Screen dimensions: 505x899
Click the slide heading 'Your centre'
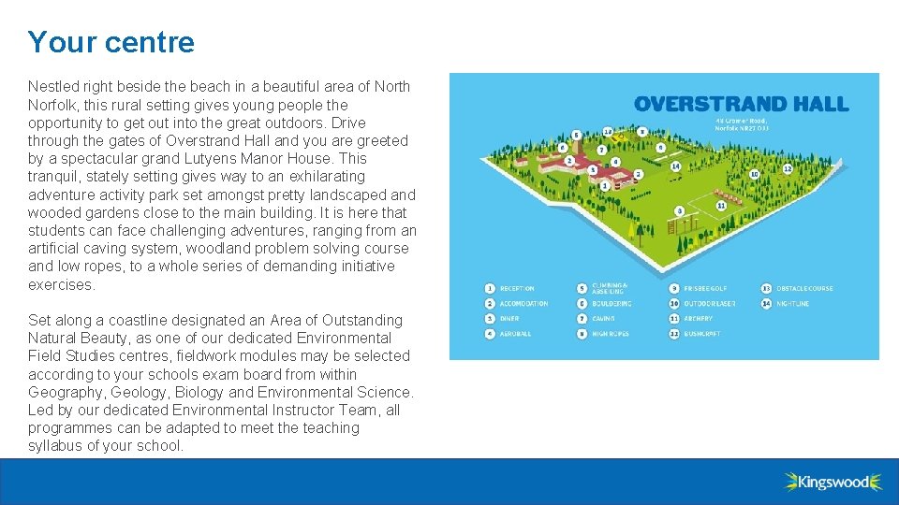point(111,42)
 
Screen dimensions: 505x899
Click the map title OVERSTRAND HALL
point(741,104)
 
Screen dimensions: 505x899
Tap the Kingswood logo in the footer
point(833,482)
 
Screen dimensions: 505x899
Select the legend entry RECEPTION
point(517,289)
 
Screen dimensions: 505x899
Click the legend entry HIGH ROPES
point(611,334)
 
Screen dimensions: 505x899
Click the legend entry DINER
point(509,319)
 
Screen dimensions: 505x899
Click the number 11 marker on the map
point(721,205)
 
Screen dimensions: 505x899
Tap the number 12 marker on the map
point(788,169)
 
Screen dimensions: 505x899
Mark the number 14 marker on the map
point(675,166)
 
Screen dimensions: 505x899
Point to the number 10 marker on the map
point(754,174)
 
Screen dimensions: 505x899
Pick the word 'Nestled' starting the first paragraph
point(53,86)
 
